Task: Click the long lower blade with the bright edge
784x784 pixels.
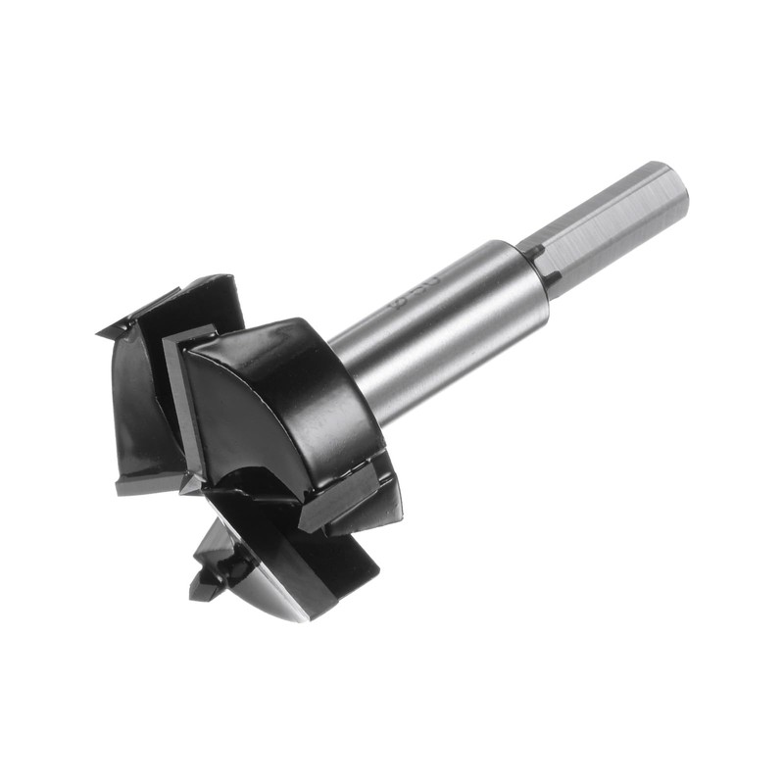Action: tap(294, 578)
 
